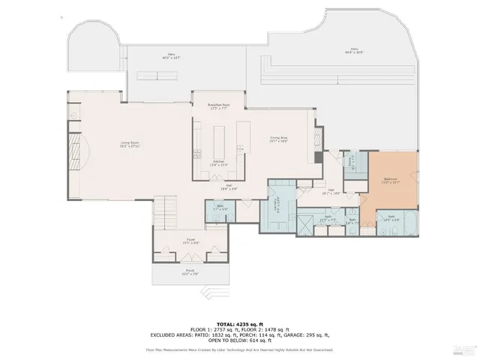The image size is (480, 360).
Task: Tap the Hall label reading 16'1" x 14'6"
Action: [x=331, y=192]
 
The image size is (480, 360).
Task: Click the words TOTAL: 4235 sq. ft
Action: [x=239, y=321]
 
